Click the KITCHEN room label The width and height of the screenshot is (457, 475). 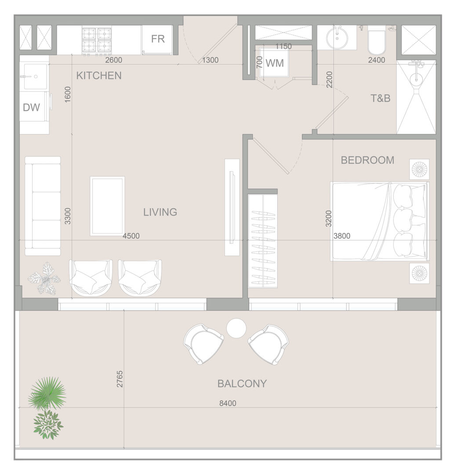coord(99,76)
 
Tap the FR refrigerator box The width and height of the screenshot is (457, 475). coord(157,40)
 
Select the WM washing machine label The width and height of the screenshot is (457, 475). coord(275,63)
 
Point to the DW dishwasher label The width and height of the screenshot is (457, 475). coord(32,107)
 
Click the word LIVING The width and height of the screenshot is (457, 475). coord(160,212)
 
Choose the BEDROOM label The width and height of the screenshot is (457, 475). coord(367,160)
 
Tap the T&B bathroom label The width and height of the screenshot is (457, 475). coord(381,98)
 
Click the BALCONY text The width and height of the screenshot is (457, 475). coord(242,384)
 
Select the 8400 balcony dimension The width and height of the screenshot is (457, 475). coord(228,403)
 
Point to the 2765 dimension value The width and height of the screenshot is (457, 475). coord(120,379)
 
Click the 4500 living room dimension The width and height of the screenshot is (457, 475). coord(131,236)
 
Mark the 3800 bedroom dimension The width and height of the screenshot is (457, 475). coord(342,236)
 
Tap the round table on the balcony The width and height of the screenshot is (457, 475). coord(236,328)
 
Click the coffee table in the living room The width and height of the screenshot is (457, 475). coord(108,206)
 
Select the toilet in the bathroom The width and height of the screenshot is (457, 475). coord(377,40)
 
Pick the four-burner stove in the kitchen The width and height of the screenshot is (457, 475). coord(97,41)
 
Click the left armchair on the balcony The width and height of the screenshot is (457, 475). coord(203,344)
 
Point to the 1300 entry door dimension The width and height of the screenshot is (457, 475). coord(210,60)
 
